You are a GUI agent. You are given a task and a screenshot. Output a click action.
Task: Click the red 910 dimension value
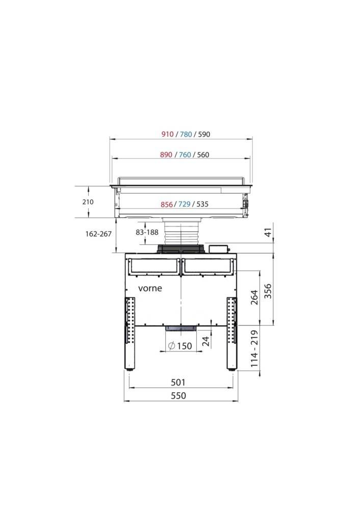pos(167,135)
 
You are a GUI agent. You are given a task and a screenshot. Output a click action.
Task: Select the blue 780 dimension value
pos(186,135)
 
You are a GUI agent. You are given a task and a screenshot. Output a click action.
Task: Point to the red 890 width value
pos(166,155)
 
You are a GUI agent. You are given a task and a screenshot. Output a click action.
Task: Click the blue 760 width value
pos(185,155)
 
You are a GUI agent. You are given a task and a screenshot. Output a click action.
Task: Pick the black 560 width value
pos(202,155)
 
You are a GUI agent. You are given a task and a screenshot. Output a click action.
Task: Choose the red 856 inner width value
pos(167,205)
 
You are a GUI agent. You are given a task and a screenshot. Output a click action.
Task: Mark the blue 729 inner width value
pos(185,205)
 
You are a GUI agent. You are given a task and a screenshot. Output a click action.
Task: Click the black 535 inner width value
pos(202,205)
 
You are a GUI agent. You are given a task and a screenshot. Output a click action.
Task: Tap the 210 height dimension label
pos(88,202)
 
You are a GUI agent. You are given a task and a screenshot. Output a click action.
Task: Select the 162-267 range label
pos(98,234)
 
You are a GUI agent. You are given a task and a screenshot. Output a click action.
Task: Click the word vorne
pos(150,288)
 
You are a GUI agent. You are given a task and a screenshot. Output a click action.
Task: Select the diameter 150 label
pos(179,346)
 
